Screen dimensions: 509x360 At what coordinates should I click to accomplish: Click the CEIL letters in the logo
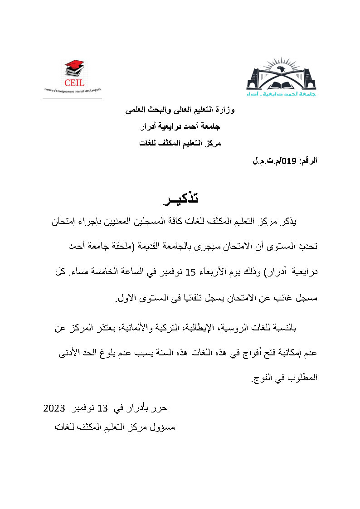click(x=74, y=82)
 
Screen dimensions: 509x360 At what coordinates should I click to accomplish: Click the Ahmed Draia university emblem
click(x=281, y=77)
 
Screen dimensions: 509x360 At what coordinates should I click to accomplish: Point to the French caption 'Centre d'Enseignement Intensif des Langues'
click(x=73, y=91)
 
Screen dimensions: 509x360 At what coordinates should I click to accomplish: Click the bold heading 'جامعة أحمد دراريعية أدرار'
click(x=180, y=127)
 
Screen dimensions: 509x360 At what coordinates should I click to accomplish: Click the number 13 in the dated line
click(x=103, y=408)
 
